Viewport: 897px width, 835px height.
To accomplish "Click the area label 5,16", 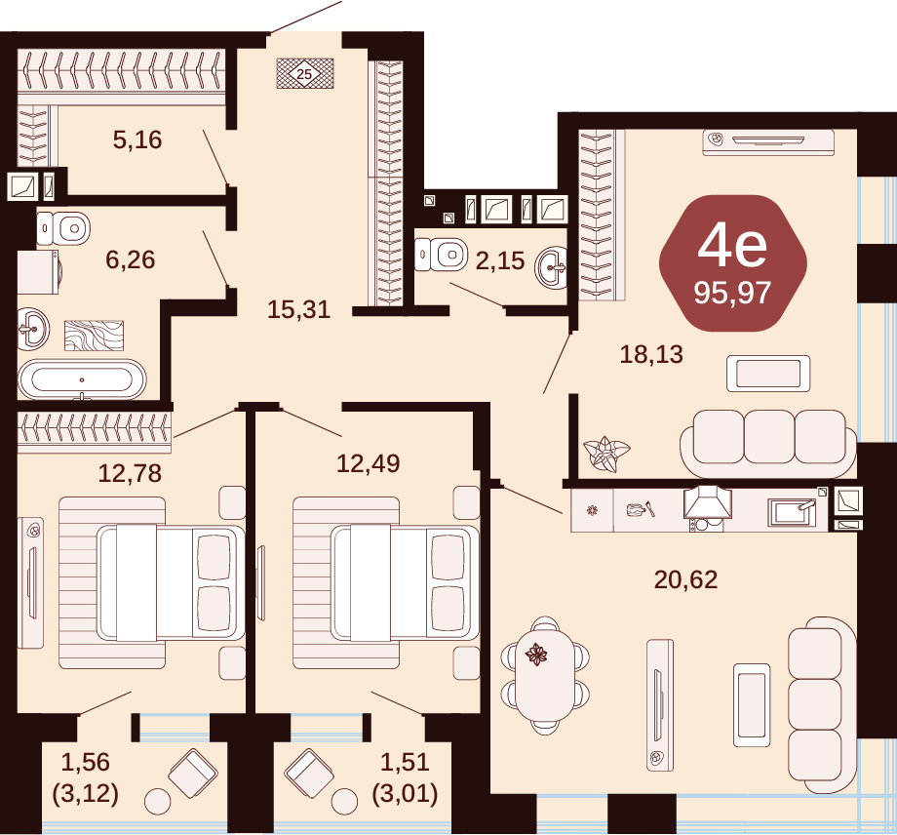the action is [137, 139].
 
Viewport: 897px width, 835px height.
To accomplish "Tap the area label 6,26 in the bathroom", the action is [131, 259].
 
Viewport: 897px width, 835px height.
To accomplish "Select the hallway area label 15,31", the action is [298, 309].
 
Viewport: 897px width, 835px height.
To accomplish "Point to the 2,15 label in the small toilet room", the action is [500, 261].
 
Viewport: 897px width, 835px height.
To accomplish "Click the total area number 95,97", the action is [733, 293].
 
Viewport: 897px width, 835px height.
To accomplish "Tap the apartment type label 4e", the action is [732, 246].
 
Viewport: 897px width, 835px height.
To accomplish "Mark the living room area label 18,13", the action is [651, 355].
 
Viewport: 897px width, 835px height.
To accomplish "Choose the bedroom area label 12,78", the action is [130, 474].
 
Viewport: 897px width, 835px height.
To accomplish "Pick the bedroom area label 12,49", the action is [368, 463].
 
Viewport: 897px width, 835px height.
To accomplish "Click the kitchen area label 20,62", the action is [685, 580].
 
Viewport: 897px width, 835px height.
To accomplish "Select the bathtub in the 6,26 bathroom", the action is [82, 379].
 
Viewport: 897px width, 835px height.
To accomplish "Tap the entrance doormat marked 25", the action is [305, 73].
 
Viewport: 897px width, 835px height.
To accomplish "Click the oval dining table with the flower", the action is [545, 675].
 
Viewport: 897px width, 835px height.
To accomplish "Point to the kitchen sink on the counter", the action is [792, 511].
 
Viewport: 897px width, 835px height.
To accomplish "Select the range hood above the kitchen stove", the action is [707, 501].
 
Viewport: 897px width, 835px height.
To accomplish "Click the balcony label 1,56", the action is [85, 762].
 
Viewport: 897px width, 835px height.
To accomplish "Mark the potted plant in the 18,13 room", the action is [606, 454].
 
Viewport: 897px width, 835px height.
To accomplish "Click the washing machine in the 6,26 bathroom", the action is [38, 272].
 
